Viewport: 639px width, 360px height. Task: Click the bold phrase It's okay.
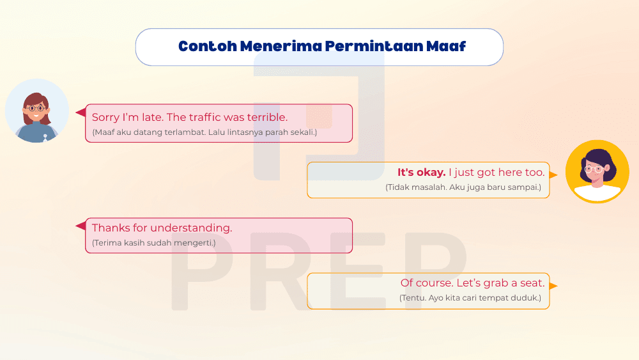421,172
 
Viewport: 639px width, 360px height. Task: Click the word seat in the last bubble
532,283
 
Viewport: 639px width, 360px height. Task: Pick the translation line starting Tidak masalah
463,187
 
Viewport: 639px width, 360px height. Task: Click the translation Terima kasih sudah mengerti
154,243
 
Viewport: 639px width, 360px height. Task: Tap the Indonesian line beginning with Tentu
470,298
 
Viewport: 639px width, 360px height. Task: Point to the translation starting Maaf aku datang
204,132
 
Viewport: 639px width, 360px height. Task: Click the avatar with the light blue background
36,111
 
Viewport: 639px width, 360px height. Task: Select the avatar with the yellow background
597,171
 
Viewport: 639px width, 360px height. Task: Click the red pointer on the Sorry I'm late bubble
81,113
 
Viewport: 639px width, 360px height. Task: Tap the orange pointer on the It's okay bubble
553,174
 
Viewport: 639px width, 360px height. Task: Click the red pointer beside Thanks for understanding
81,226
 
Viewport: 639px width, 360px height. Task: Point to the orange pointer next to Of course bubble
553,286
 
